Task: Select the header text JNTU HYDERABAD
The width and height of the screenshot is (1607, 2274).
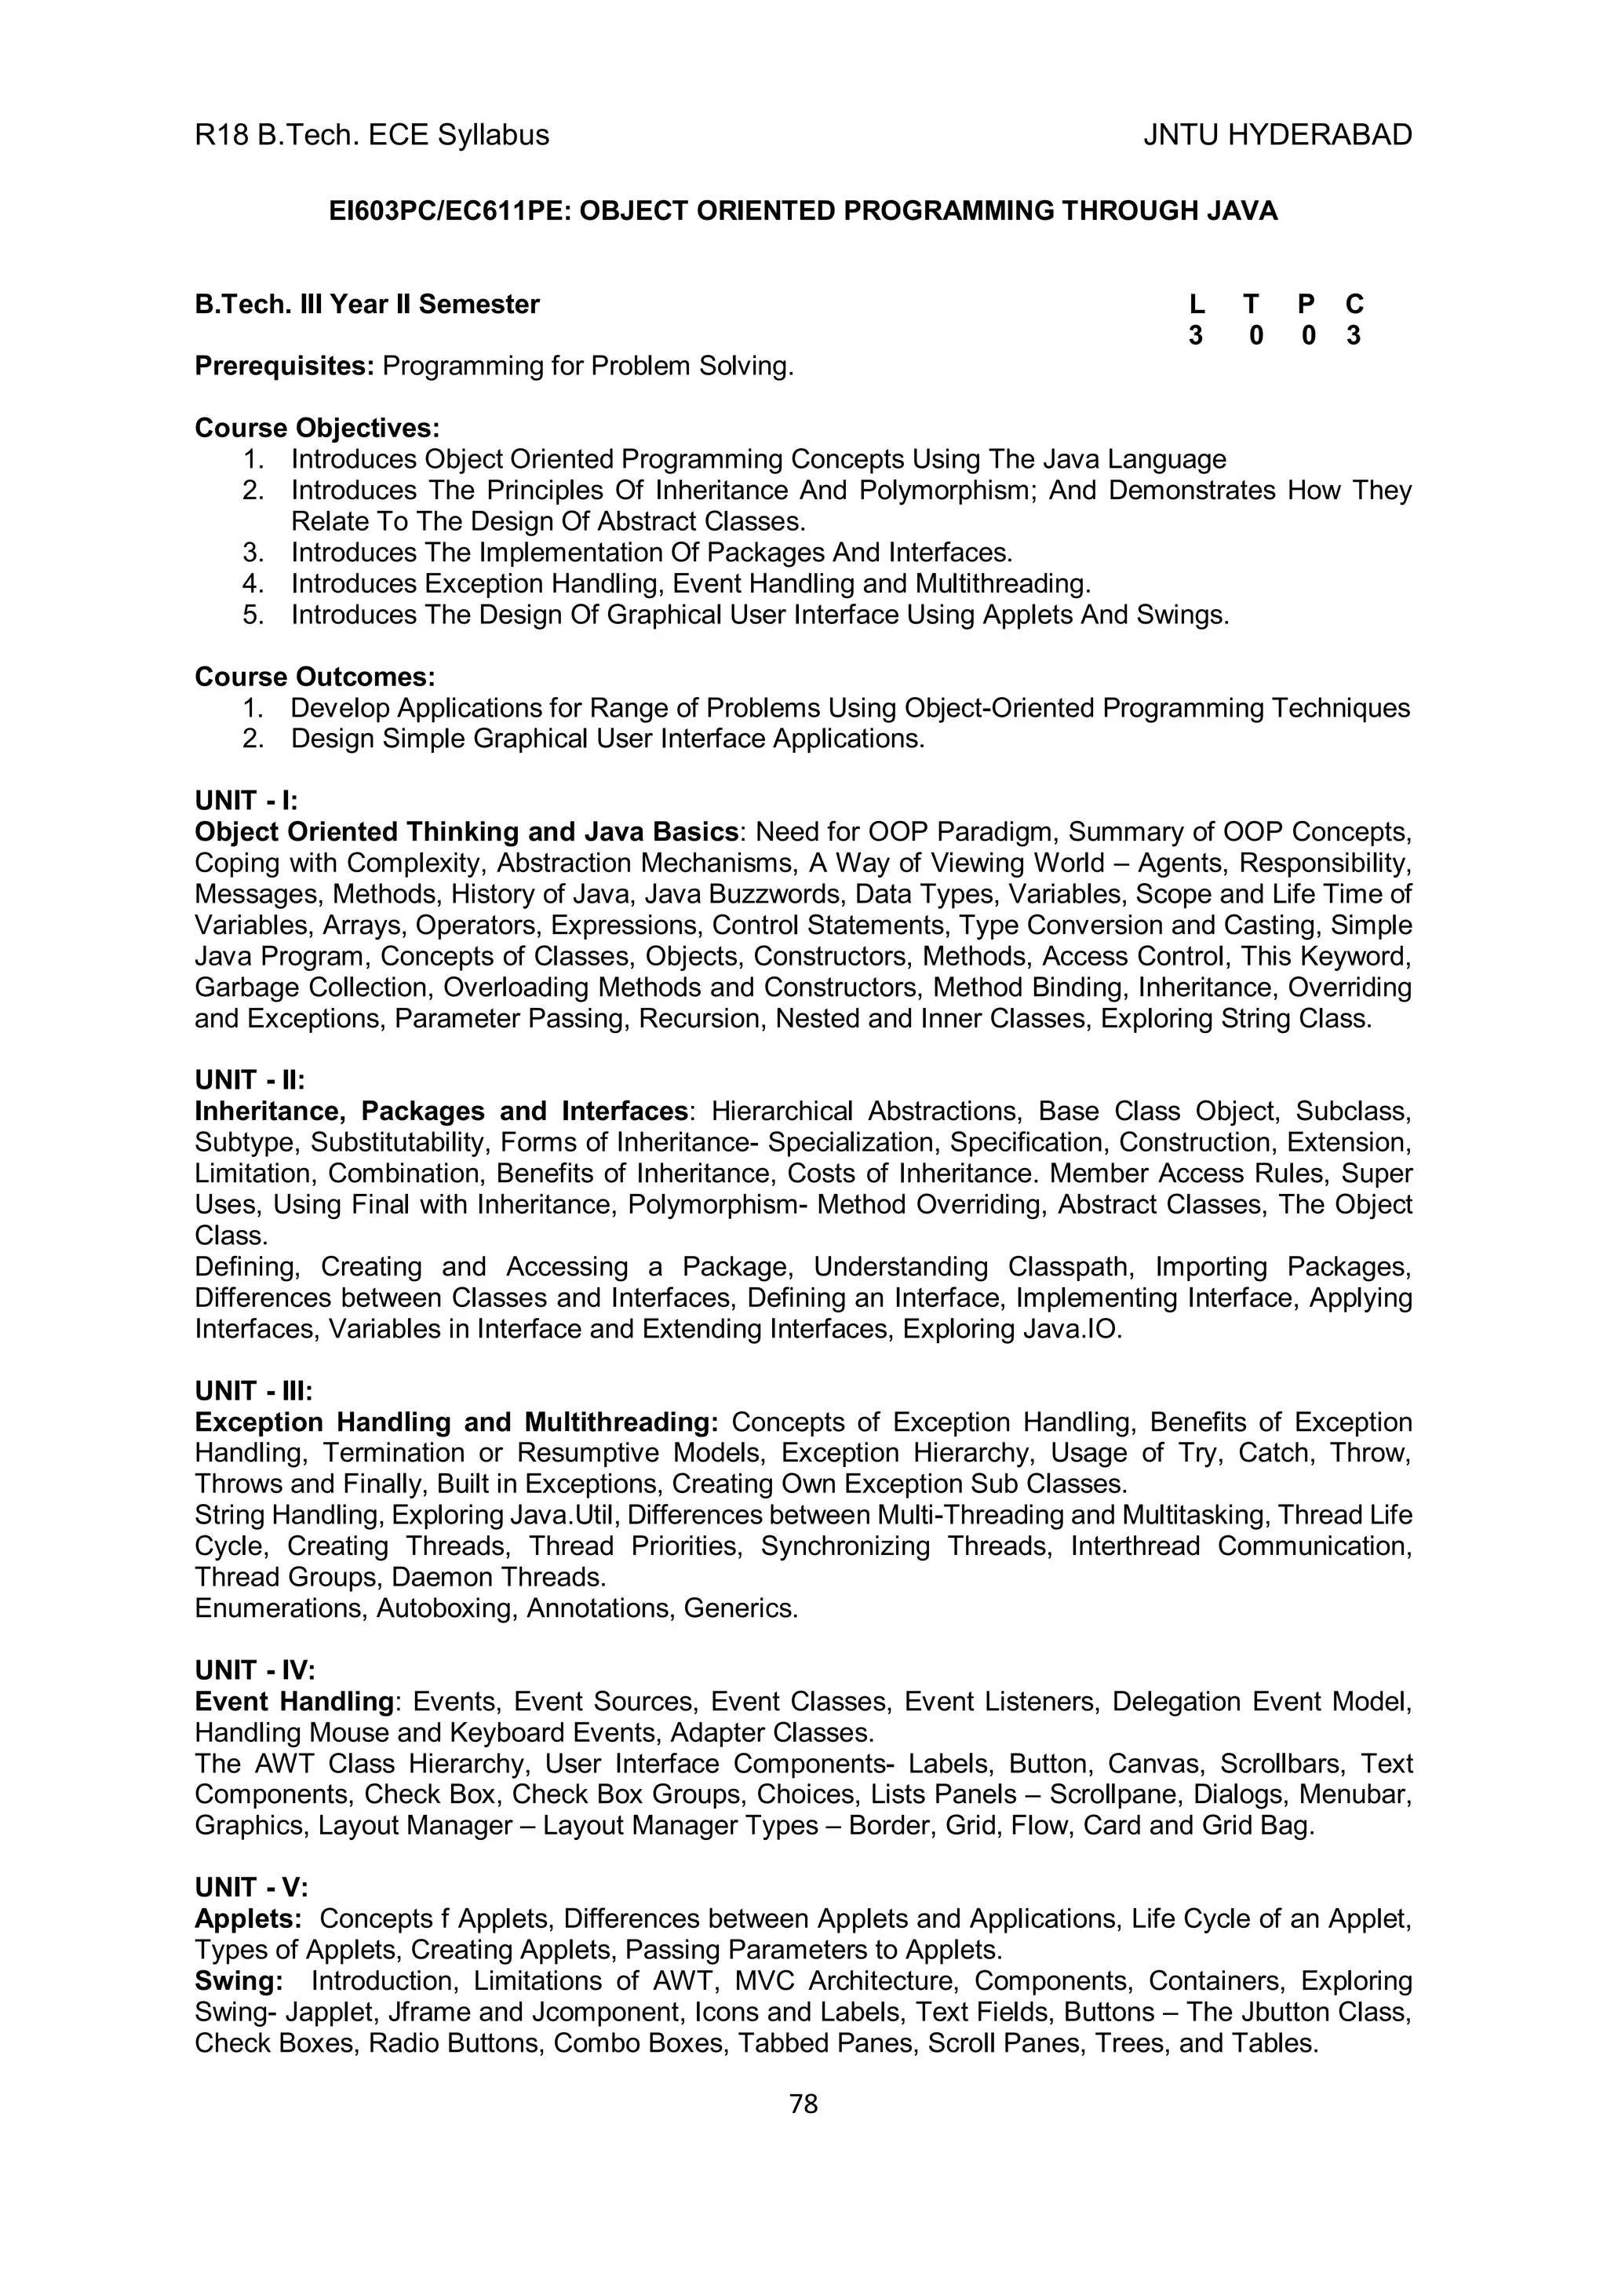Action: click(1277, 135)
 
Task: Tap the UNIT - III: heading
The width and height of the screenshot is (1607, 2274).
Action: click(253, 1392)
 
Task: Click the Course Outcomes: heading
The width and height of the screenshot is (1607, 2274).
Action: click(315, 677)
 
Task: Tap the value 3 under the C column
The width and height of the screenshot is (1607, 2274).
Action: click(1354, 336)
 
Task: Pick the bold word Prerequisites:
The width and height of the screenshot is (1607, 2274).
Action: click(284, 367)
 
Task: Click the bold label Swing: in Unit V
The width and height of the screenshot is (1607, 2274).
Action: click(239, 1981)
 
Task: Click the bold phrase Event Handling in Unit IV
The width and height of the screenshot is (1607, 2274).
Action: click(294, 1702)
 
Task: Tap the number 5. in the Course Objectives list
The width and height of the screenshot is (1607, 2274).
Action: click(253, 615)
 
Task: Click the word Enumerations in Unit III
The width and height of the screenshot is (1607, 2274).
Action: click(281, 1608)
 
